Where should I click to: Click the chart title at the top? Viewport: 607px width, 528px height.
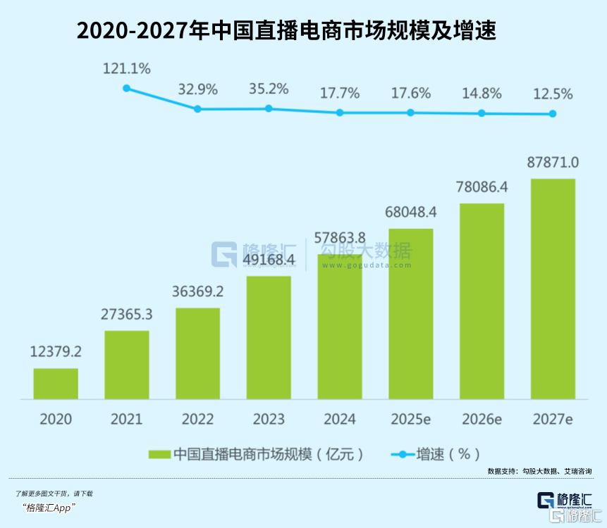286,32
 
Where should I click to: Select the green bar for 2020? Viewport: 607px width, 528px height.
56,384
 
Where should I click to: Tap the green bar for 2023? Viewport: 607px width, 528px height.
269,338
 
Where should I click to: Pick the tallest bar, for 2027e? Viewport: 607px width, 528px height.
553,289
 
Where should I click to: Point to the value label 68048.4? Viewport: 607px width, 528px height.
411,212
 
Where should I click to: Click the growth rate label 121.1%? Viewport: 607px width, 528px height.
127,68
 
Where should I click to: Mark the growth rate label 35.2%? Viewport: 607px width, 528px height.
269,89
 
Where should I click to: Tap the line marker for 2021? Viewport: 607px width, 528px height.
127,88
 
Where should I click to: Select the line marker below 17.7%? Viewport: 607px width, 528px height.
340,112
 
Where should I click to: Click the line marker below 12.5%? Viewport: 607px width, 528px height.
553,113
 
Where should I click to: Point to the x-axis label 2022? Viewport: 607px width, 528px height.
197,419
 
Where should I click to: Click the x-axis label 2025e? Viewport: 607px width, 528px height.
411,419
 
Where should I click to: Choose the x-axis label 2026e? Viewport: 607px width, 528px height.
482,419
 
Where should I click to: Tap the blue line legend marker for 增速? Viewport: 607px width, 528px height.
403,454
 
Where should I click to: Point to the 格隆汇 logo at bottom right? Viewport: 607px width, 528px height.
564,501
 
